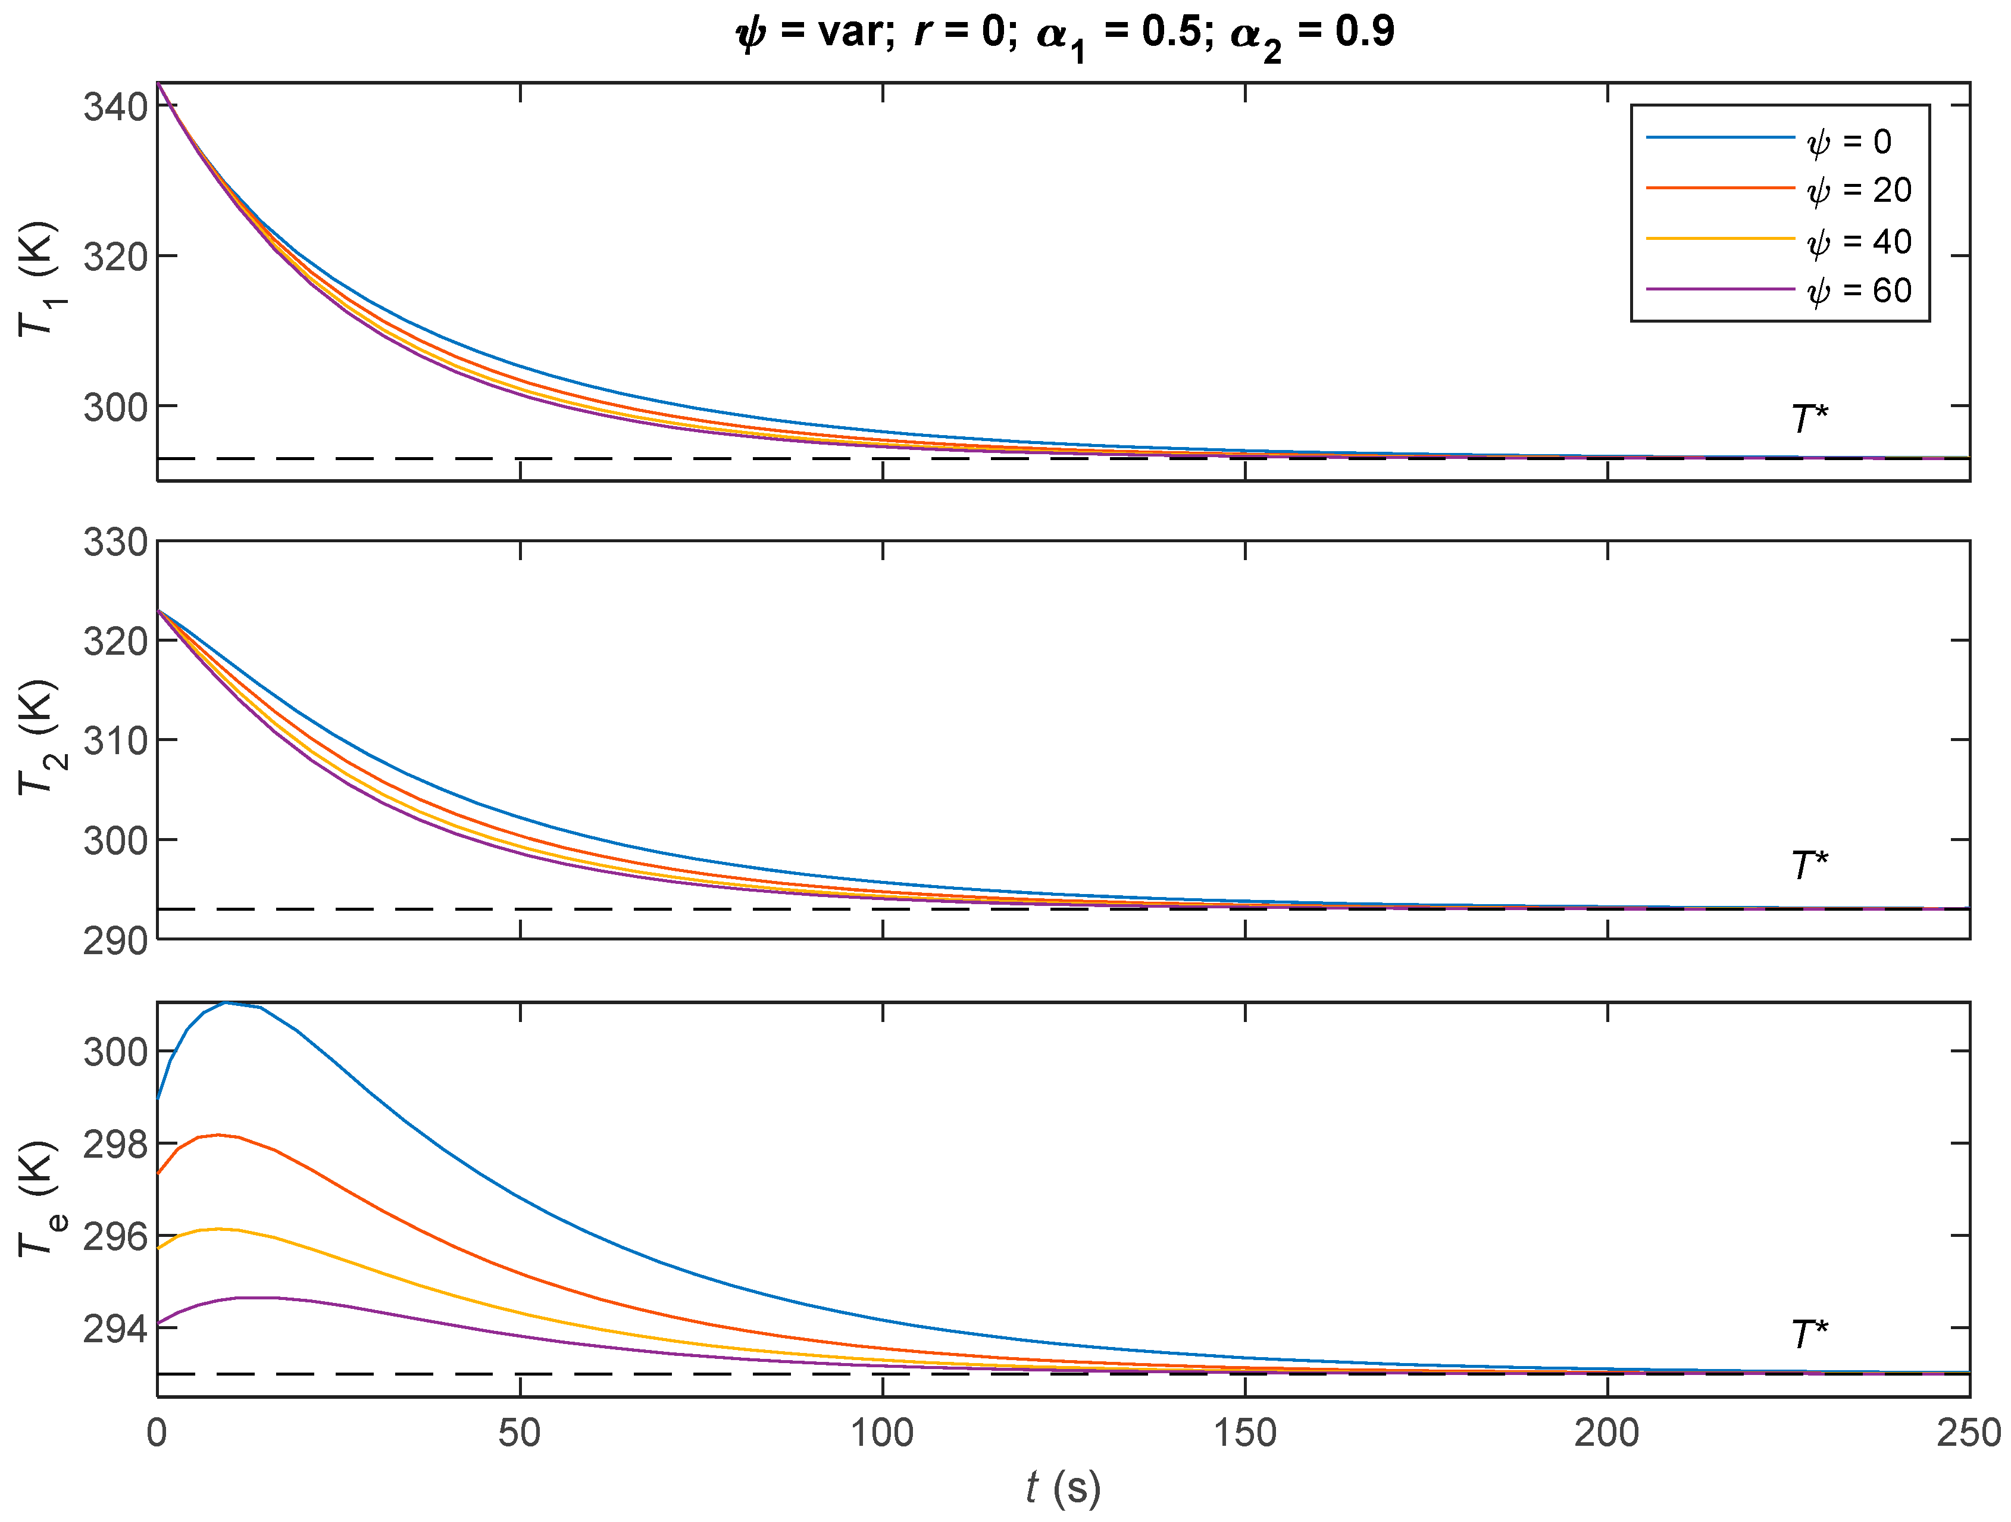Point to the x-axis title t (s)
coord(1063,1488)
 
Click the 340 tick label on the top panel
coord(115,107)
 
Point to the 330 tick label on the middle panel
coord(115,543)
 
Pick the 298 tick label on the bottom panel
coord(115,1145)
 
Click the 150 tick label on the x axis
coord(1244,1434)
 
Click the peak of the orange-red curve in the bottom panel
coord(218,1135)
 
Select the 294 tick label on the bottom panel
coord(115,1329)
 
